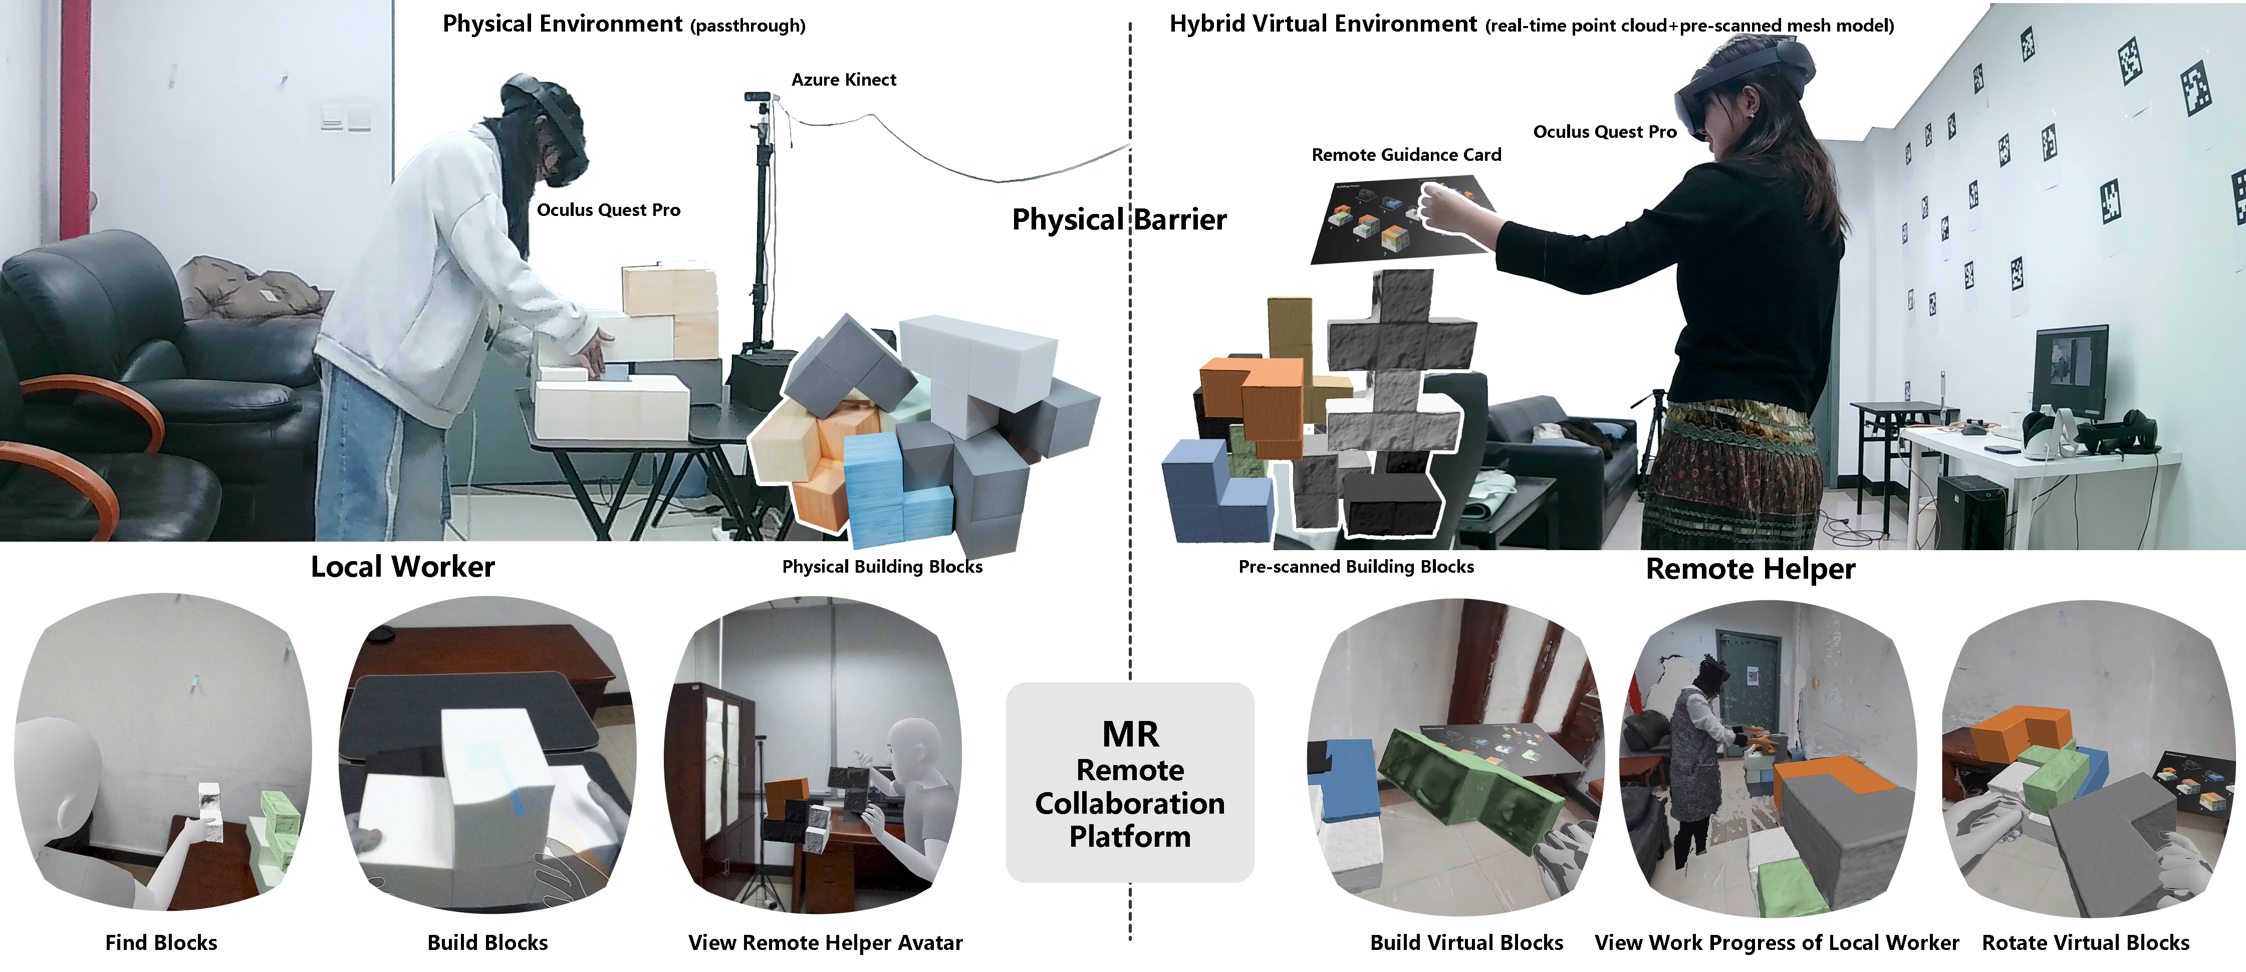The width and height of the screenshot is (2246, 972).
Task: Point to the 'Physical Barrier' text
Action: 1119,219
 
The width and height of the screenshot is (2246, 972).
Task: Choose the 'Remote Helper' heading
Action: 1750,569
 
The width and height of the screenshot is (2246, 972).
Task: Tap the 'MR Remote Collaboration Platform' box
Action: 1129,783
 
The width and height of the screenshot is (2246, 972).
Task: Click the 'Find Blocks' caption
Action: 161,942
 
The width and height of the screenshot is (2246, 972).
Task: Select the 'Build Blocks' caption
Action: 487,942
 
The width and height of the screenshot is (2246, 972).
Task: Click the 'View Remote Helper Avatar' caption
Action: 825,942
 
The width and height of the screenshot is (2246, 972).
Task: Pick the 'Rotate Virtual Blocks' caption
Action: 2086,942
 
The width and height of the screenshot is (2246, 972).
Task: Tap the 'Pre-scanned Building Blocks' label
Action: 1356,567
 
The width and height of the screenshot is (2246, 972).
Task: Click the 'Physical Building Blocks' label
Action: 881,567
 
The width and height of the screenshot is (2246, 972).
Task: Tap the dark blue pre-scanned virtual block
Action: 1212,493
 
